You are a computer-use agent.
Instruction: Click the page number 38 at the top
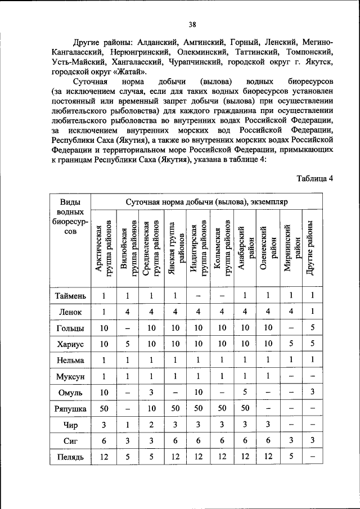pos(192,24)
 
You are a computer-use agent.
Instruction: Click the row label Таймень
pos(70,295)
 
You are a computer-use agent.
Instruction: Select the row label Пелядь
pos(70,457)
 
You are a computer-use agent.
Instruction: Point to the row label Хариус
pos(70,343)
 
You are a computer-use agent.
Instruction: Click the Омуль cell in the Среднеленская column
pos(151,391)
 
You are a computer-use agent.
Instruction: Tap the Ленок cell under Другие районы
pos(312,311)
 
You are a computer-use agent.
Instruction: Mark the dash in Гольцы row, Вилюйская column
pos(128,327)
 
